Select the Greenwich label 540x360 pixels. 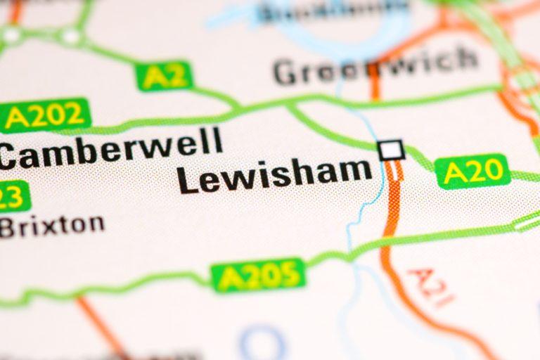(x=375, y=67)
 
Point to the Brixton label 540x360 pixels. (x=53, y=225)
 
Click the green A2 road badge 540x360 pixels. (x=164, y=76)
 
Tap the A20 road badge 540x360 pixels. (x=472, y=171)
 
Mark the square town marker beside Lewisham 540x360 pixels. (x=391, y=150)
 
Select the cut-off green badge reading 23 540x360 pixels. (x=13, y=196)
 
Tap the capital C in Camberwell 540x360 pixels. (x=10, y=156)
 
